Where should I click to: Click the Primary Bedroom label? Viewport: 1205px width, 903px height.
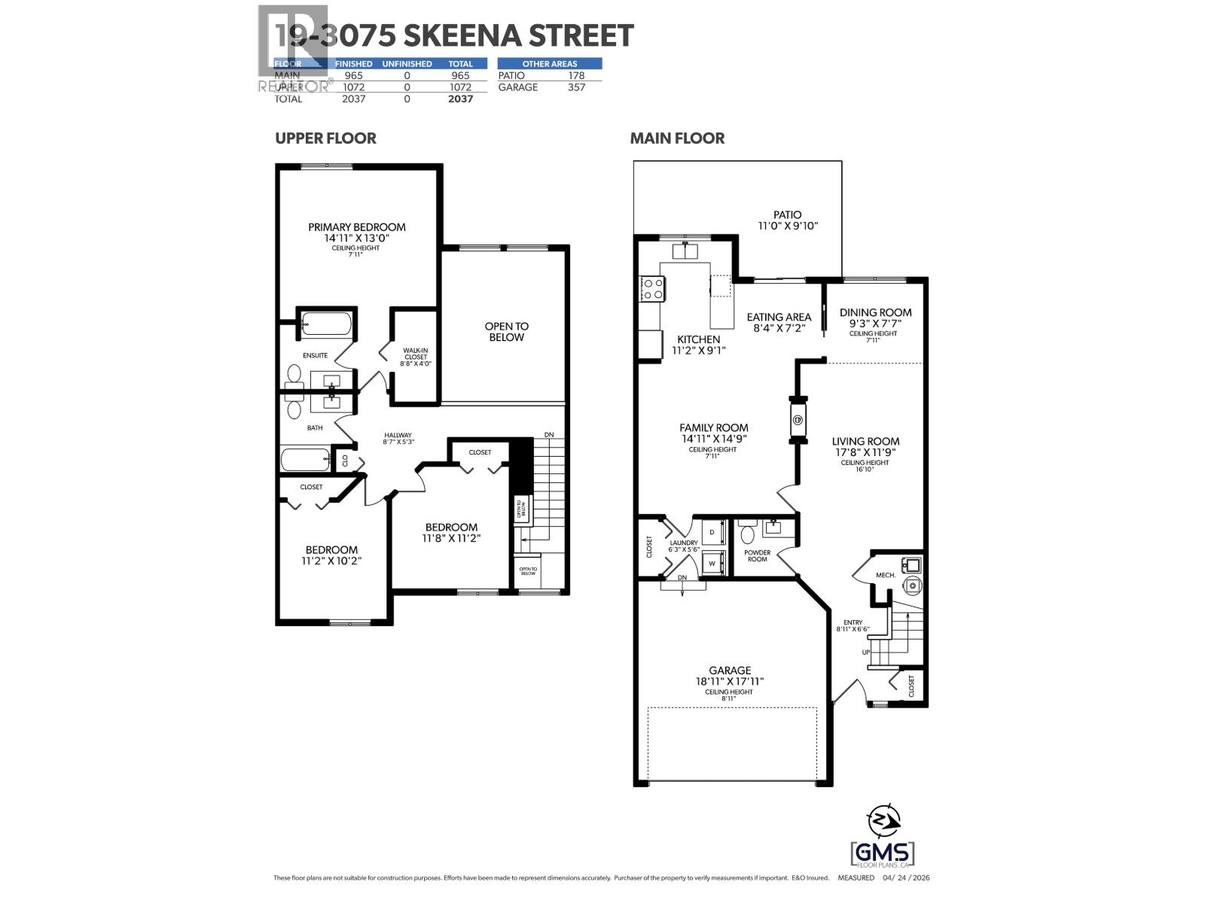click(356, 227)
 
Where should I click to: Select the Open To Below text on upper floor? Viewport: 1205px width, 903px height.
click(506, 332)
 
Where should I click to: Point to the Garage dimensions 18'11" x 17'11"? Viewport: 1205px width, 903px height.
click(729, 681)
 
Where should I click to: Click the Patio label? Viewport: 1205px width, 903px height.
click(787, 214)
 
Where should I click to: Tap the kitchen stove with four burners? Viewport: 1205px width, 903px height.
click(652, 289)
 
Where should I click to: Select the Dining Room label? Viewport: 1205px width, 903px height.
click(875, 312)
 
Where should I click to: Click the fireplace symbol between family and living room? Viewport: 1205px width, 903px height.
click(798, 420)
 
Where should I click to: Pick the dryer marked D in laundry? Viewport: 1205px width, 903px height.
click(712, 532)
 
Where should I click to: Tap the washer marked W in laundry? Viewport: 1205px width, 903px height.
click(712, 562)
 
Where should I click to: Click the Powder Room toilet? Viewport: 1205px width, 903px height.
click(748, 534)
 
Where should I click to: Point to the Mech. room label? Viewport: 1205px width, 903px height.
click(885, 575)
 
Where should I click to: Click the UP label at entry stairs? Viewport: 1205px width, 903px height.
click(867, 652)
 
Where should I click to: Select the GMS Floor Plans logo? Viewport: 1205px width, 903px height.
click(882, 853)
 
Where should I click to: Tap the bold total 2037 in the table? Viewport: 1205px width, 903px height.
click(460, 99)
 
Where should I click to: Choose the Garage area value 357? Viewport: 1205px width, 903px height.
click(575, 87)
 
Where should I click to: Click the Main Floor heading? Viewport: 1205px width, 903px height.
click(677, 138)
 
